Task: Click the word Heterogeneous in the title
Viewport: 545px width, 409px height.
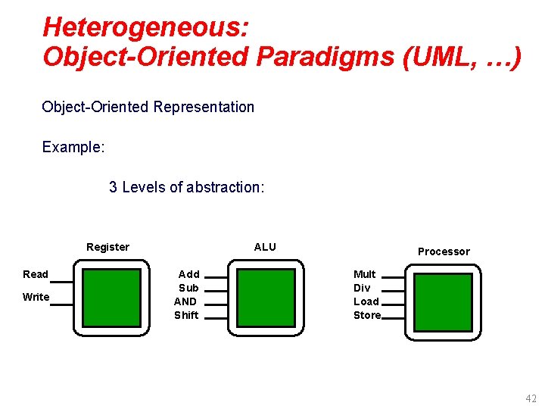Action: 144,27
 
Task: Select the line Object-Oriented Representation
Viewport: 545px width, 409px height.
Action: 148,107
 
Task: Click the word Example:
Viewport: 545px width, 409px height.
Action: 73,147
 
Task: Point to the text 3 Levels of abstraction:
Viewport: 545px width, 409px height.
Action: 187,187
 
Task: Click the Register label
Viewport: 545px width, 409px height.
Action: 107,247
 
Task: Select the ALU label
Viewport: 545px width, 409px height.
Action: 265,247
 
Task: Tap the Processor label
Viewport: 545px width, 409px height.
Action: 444,251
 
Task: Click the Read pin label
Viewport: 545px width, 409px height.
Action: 36,274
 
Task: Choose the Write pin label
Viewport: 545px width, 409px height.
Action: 36,297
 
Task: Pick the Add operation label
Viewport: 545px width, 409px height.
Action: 188,274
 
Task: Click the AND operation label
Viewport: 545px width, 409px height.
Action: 185,301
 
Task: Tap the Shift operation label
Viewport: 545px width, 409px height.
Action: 186,315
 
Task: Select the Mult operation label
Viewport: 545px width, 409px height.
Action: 365,274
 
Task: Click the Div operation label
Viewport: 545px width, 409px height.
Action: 362,288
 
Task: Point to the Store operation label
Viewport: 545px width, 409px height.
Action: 367,315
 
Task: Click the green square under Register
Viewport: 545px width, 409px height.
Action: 111,298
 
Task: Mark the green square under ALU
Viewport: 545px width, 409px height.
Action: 266,298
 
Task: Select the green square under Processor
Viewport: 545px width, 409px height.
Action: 443,302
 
